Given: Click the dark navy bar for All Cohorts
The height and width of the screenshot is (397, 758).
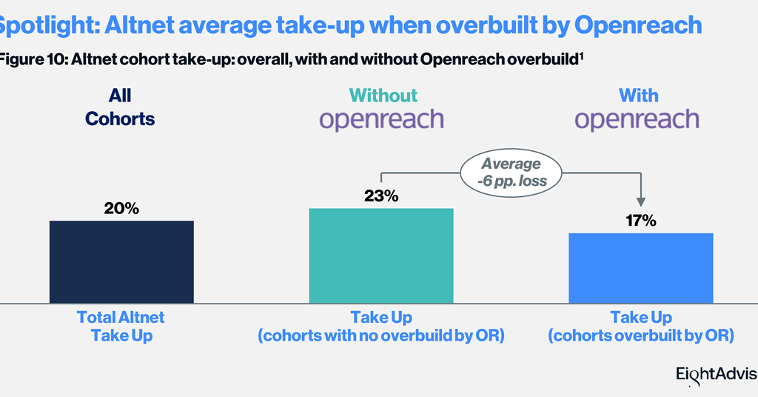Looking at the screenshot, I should [121, 261].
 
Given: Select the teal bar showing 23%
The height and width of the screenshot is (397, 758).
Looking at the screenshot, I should [380, 256].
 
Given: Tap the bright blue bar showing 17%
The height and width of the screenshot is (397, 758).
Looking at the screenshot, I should [640, 267].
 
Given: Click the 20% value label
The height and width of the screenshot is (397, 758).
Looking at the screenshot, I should [121, 209].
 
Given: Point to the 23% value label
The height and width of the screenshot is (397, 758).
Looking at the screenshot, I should [380, 196].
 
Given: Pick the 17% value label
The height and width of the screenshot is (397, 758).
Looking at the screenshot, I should [640, 221].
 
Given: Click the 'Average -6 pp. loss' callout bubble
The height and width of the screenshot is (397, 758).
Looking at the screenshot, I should [511, 172].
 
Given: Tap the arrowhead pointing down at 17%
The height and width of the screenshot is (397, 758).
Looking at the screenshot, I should [641, 201].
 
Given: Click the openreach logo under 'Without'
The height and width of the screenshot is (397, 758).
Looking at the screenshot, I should [381, 120].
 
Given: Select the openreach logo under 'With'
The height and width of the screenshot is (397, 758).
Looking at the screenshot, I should [637, 120].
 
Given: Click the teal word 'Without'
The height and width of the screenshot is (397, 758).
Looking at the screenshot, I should [383, 96].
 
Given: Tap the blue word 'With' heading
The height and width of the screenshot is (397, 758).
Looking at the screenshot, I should [638, 96].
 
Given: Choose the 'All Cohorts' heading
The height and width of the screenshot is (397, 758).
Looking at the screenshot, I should [120, 107].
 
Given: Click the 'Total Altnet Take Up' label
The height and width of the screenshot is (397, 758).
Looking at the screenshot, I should [121, 326].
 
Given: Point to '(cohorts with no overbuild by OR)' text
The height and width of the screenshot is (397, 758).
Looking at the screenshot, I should [380, 336].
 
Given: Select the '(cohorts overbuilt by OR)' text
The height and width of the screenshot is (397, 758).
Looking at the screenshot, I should [640, 336].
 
